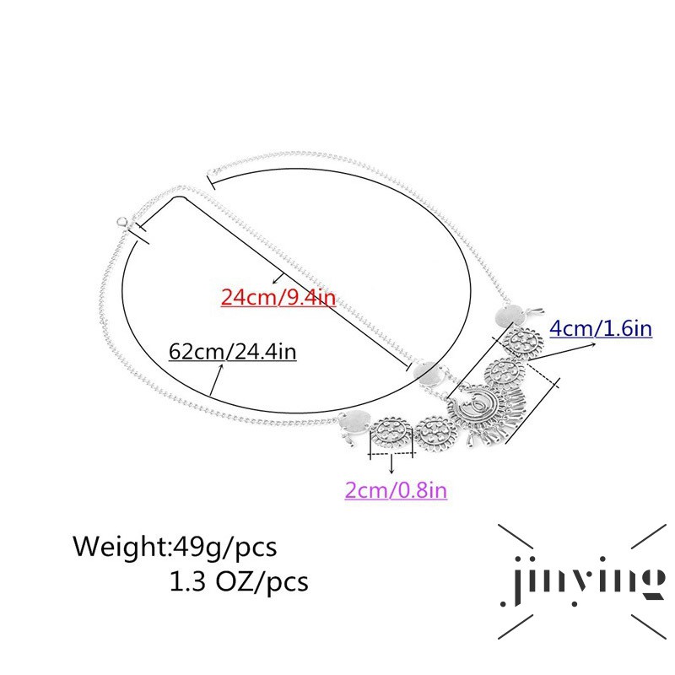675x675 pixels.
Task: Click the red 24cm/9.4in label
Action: [278, 297]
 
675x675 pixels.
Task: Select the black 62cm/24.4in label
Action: [233, 351]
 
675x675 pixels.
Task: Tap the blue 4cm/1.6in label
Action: [601, 328]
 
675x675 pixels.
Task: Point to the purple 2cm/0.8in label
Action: [396, 490]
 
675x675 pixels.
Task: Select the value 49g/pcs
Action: [224, 548]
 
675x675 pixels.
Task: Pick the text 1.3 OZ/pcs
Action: [239, 581]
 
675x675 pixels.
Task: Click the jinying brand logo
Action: [582, 581]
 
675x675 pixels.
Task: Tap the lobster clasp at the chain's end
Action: [122, 223]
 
